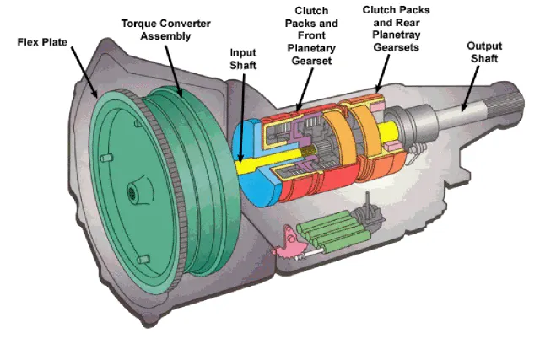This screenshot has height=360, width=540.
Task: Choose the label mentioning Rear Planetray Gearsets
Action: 399,28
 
